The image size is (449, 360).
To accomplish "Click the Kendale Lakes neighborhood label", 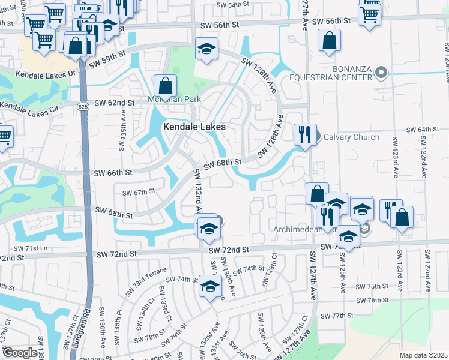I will click(x=194, y=127).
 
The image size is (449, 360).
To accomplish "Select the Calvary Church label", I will click(x=351, y=137).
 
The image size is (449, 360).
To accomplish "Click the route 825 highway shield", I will click(x=83, y=106).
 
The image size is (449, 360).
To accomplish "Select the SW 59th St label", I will click(x=107, y=61).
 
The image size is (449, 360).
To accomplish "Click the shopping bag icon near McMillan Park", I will click(x=164, y=85).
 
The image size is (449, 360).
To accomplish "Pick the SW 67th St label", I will click(x=139, y=193).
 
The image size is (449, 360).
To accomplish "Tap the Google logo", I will click(x=20, y=353).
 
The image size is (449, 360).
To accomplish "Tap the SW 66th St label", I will click(x=113, y=173).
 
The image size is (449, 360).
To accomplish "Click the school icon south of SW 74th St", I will click(x=209, y=286).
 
